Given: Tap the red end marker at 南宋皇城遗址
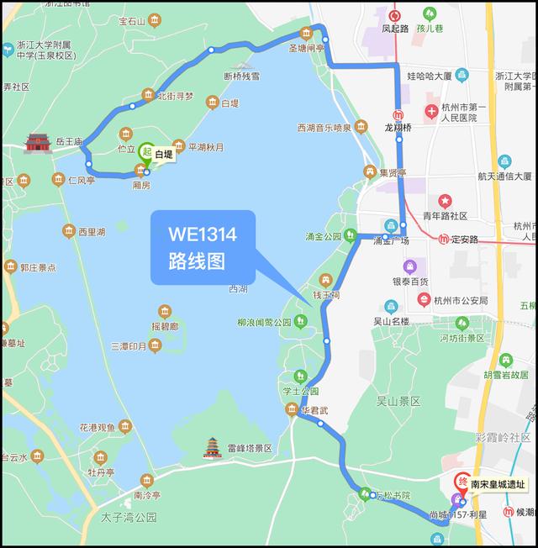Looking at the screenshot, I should tap(461, 483).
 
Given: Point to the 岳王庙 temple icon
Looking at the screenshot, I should tap(38, 143).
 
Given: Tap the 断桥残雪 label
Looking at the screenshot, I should tap(242, 77).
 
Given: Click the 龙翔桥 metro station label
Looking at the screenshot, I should tap(398, 128).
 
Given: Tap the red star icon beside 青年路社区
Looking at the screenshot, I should tap(444, 201).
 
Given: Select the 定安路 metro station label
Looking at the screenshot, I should tap(462, 240).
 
